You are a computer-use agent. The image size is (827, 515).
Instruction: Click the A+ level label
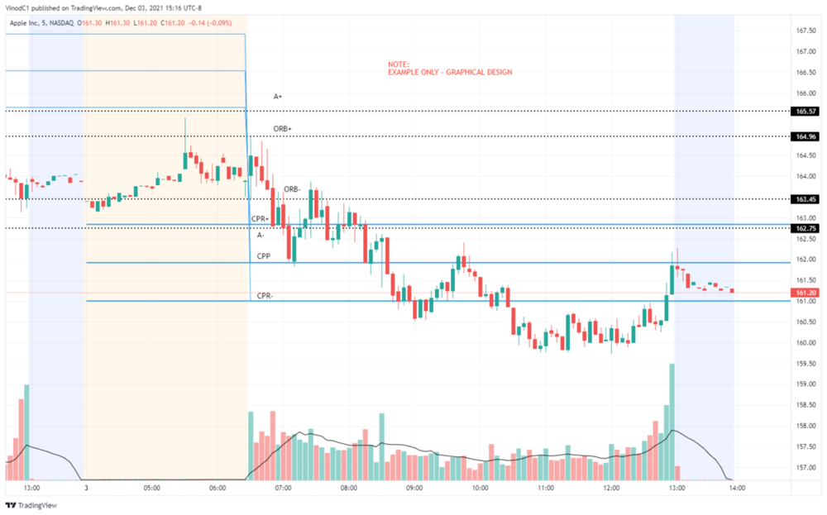tap(278, 97)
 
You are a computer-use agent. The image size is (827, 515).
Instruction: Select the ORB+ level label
tap(282, 129)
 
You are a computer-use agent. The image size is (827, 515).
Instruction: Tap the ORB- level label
tap(292, 189)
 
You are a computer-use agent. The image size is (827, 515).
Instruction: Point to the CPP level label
tap(264, 256)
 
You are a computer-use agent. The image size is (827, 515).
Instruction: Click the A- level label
tap(261, 235)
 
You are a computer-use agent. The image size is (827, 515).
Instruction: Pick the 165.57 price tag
tap(806, 111)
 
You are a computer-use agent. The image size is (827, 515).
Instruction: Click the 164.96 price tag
tap(806, 136)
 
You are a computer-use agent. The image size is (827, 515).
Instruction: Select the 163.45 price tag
tap(806, 199)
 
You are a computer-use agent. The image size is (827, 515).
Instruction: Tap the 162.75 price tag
tap(806, 228)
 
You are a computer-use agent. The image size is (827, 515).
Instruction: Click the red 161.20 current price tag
tap(806, 293)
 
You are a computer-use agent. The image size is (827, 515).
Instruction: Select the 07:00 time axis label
tap(283, 489)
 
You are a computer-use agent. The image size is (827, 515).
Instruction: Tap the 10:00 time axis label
tap(480, 489)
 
